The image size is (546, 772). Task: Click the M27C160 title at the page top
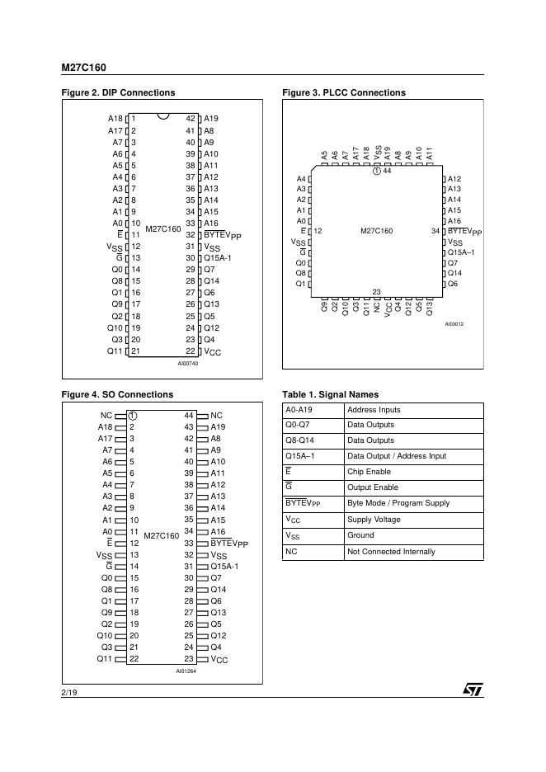(x=83, y=68)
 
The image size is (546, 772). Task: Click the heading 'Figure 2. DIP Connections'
(x=119, y=92)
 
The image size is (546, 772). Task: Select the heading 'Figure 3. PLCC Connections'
(x=344, y=92)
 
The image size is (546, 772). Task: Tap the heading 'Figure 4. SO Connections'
(x=118, y=394)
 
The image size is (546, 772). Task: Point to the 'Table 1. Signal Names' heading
(x=331, y=394)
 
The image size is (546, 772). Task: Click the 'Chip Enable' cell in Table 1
(x=369, y=472)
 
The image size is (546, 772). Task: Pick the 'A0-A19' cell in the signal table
(x=298, y=410)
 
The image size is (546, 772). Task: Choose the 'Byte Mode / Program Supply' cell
(x=398, y=503)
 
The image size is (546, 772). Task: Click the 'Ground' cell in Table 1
(x=360, y=536)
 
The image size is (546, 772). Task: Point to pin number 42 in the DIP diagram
(x=190, y=119)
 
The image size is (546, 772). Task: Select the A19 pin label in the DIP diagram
(x=211, y=119)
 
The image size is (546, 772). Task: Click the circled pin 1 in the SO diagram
(x=132, y=416)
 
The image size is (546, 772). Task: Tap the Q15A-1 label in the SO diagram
(x=224, y=567)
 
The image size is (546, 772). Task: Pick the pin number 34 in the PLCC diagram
(x=435, y=231)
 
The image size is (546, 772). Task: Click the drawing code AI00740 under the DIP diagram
(x=188, y=364)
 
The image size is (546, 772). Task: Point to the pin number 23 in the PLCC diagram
(x=376, y=291)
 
